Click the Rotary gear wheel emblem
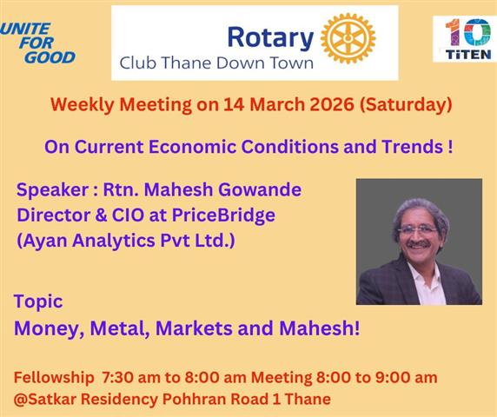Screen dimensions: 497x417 [x=348, y=38]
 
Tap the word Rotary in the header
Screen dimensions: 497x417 [x=270, y=37]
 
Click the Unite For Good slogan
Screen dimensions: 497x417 [x=38, y=43]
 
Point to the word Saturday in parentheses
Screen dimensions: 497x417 [x=406, y=104]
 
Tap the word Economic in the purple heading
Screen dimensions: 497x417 [x=192, y=147]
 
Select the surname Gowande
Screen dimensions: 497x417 [x=260, y=189]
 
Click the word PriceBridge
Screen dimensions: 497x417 [x=223, y=215]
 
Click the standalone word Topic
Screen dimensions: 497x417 [x=38, y=301]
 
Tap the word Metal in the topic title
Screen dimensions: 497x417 [x=120, y=328]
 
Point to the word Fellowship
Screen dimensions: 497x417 [x=54, y=377]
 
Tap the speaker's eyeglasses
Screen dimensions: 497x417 [x=418, y=230]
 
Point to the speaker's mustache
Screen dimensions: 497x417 [x=419, y=244]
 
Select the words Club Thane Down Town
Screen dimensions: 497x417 [x=216, y=63]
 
